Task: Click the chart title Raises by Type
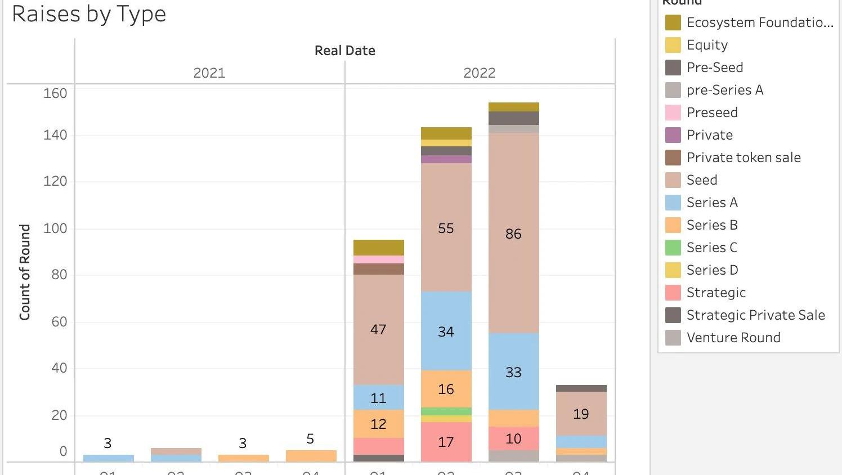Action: [x=89, y=14]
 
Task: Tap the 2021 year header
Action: [x=209, y=73]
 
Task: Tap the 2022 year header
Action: [x=479, y=73]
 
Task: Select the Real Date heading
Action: [x=344, y=51]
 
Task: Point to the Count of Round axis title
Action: [x=25, y=272]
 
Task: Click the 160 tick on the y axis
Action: [x=55, y=93]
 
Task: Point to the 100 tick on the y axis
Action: [x=55, y=228]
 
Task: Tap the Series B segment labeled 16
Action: [x=446, y=388]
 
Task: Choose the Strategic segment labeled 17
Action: [x=446, y=442]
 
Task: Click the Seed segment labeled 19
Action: [x=581, y=414]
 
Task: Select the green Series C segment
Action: [x=446, y=411]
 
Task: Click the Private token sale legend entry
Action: [x=743, y=158]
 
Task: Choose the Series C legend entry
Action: [x=711, y=248]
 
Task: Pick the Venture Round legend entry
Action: [x=733, y=338]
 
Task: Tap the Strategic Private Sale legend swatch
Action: [x=673, y=315]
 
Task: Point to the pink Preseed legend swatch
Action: [x=673, y=113]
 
